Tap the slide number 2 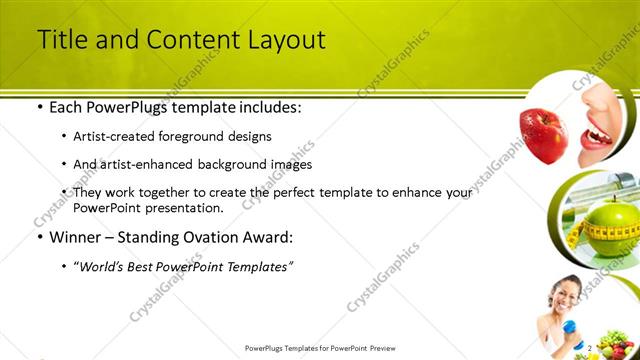[x=591, y=348]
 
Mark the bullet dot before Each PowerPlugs [x=39, y=107]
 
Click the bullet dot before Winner [x=39, y=238]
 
